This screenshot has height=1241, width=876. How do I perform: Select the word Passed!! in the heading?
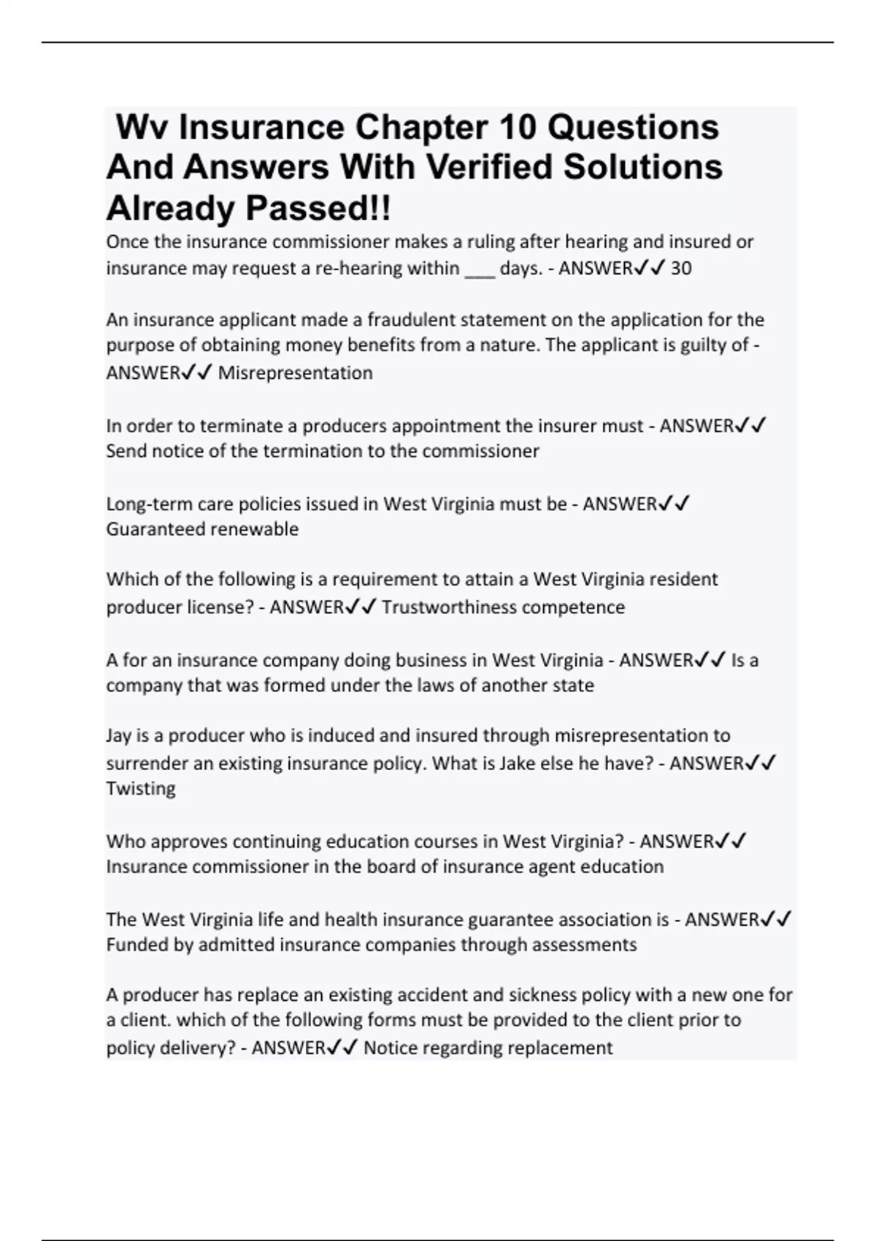pyautogui.click(x=318, y=209)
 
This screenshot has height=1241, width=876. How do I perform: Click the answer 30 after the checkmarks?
pyautogui.click(x=680, y=269)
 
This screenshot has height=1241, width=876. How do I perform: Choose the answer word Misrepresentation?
pyautogui.click(x=295, y=373)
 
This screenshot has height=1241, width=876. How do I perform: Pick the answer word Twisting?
pyautogui.click(x=141, y=788)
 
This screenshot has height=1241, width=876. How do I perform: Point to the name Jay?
pyautogui.click(x=120, y=736)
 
